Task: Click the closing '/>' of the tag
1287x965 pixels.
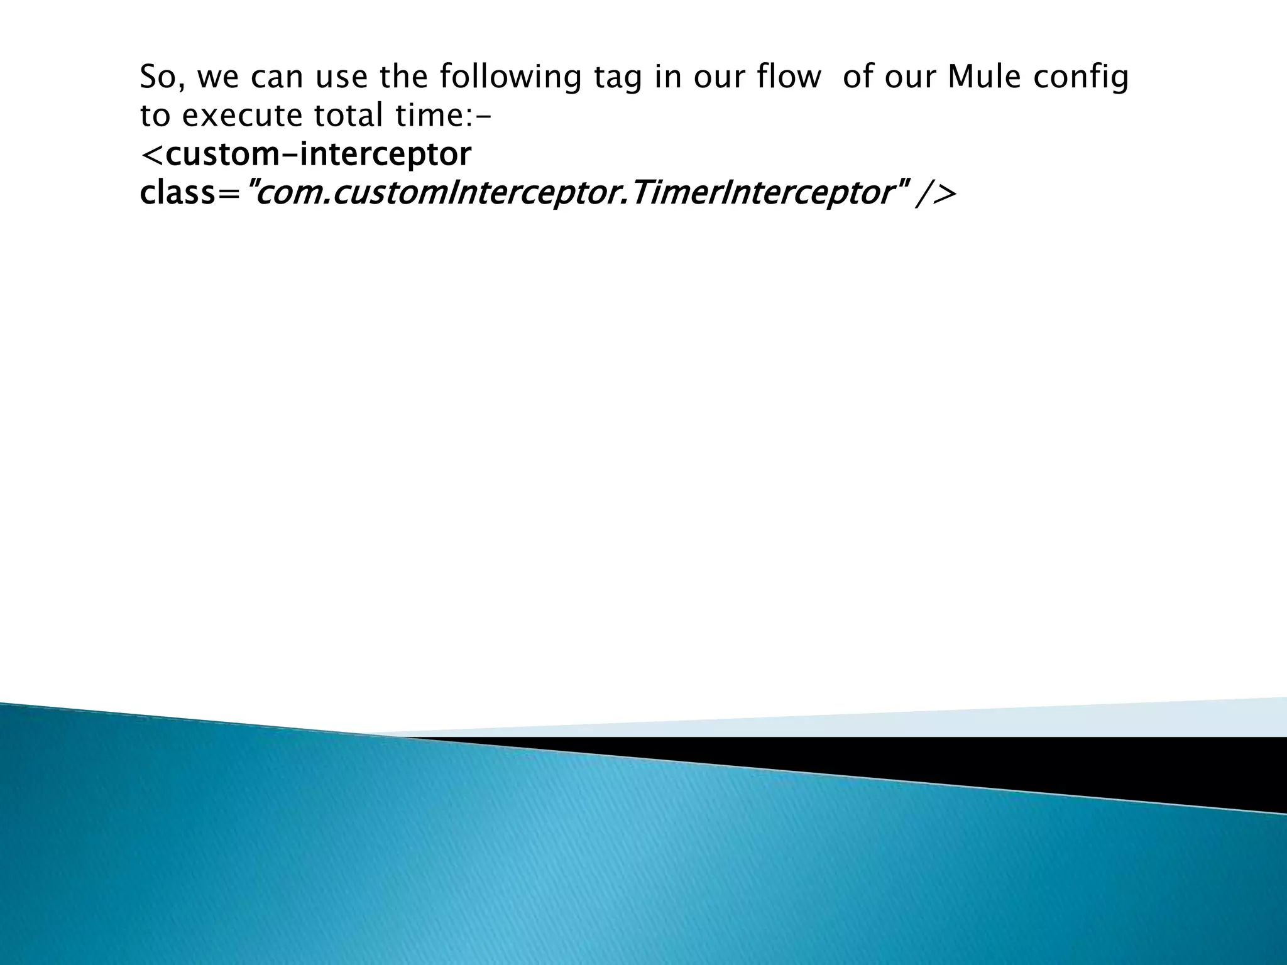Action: pyautogui.click(x=936, y=194)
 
